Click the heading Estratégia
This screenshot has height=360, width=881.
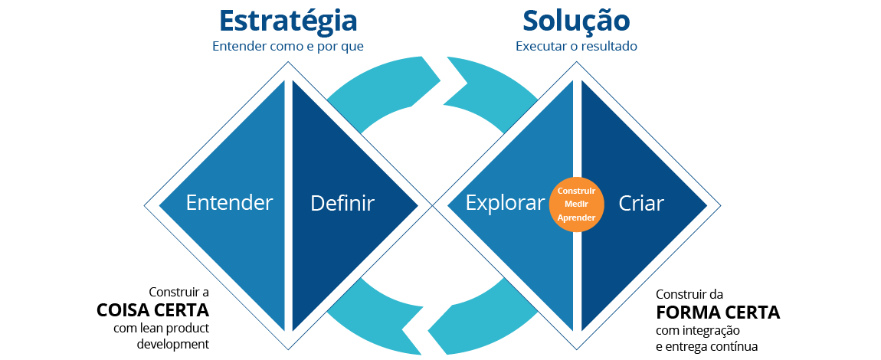288,20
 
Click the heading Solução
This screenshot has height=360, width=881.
576,21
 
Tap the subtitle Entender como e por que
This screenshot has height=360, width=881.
288,47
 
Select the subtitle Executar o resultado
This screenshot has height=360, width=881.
576,47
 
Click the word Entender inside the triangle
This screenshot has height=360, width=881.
229,202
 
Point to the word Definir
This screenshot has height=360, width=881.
342,203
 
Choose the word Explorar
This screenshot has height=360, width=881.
505,203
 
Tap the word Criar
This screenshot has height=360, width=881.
641,203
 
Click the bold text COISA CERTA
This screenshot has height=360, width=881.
152,310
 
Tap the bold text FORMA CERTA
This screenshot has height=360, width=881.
718,312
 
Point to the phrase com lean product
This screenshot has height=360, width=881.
161,329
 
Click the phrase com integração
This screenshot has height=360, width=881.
698,330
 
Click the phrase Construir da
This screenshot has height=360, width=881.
689,294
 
